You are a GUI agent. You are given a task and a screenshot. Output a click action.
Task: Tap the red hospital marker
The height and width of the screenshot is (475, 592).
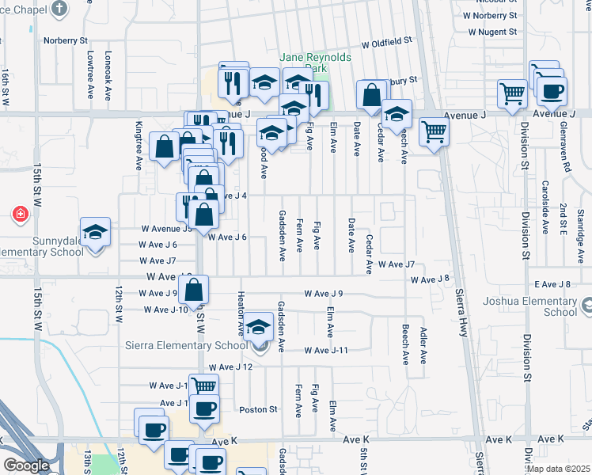(x=20, y=215)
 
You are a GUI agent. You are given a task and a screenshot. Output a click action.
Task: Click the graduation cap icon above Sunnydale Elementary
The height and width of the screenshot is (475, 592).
(x=95, y=232)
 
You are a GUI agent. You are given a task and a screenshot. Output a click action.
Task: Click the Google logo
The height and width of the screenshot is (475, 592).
(x=26, y=465)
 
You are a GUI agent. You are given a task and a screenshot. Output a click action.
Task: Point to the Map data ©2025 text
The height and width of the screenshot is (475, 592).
(x=558, y=469)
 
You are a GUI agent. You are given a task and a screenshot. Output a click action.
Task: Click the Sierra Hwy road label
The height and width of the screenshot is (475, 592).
(x=461, y=313)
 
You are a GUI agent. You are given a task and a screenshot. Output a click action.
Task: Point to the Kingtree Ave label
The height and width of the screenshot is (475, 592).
(x=139, y=146)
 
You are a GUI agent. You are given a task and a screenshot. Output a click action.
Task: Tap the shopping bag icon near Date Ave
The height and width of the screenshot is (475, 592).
(x=371, y=95)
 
